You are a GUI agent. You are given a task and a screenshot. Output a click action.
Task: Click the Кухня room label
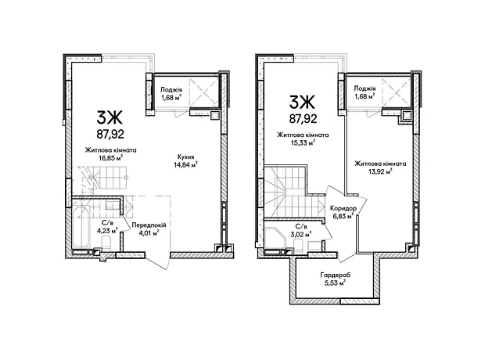click(186, 157)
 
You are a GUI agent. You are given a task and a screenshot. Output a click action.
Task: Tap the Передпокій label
click(149, 225)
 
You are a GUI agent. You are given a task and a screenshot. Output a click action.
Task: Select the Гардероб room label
click(336, 275)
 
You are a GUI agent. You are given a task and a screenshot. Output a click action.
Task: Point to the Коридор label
click(343, 208)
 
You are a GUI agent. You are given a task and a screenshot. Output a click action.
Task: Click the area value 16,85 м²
click(110, 158)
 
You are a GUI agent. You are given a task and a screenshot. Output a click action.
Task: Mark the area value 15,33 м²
click(302, 142)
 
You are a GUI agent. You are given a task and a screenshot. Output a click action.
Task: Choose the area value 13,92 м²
click(380, 171)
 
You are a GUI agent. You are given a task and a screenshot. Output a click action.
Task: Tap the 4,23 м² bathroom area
click(107, 230)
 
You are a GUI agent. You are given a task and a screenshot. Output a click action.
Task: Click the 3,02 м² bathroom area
click(300, 234)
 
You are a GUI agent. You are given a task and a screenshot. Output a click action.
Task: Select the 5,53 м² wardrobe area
click(335, 283)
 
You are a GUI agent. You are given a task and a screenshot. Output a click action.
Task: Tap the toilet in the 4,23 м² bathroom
click(106, 243)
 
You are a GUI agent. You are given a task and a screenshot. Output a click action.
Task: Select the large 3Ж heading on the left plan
click(110, 117)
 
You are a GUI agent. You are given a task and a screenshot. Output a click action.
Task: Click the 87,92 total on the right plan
click(303, 118)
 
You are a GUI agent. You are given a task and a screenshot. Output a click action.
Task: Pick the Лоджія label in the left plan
click(171, 90)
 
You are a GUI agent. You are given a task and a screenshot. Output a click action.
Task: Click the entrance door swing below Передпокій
click(158, 261)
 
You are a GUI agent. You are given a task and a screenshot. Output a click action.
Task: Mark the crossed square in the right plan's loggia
click(397, 92)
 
